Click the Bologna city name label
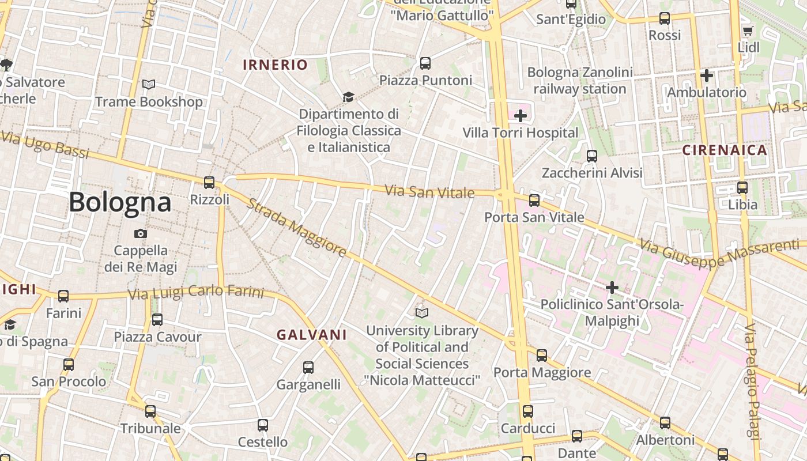pos(120,202)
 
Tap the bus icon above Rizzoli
pos(209,183)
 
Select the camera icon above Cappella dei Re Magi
pos(140,233)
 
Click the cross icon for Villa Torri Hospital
pos(521,116)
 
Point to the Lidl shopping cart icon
pos(748,31)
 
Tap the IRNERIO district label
pos(276,65)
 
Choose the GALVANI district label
pos(312,335)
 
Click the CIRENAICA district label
pos(725,150)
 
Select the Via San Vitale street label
pos(429,192)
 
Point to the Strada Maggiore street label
pos(297,228)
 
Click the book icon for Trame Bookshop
pos(149,85)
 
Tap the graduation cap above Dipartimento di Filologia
pos(348,97)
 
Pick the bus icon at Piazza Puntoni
pos(425,63)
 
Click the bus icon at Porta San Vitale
pos(534,201)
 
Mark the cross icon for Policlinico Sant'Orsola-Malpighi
pos(612,287)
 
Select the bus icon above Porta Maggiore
pos(542,356)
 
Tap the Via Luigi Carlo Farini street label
pos(196,293)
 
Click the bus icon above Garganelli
pos(308,367)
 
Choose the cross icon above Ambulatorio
pos(707,75)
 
